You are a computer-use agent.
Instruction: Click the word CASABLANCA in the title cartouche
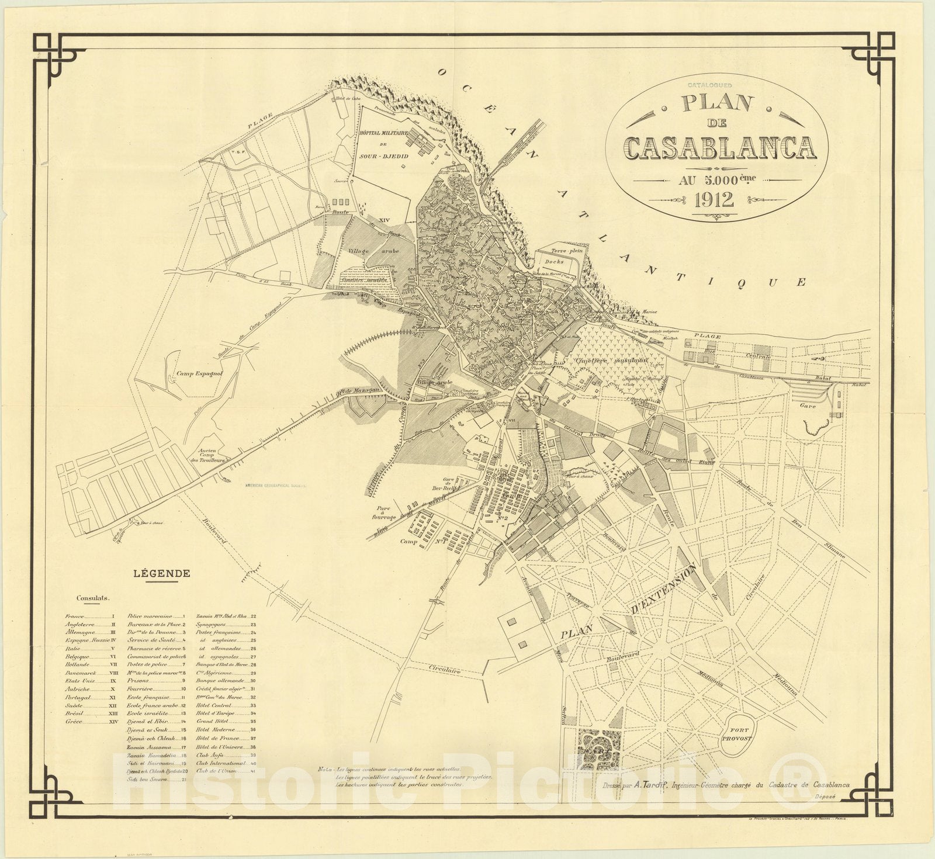(x=719, y=149)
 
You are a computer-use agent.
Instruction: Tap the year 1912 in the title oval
(x=714, y=200)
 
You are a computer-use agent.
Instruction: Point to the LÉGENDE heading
(x=162, y=573)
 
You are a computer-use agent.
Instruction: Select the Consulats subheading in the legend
(x=95, y=598)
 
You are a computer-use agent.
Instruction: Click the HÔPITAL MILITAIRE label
(x=384, y=133)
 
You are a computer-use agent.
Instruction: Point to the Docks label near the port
(x=553, y=262)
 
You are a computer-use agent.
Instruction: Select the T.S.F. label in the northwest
(x=237, y=154)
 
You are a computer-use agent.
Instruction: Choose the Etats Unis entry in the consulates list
(x=78, y=681)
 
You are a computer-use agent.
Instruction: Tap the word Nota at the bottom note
(x=324, y=769)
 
